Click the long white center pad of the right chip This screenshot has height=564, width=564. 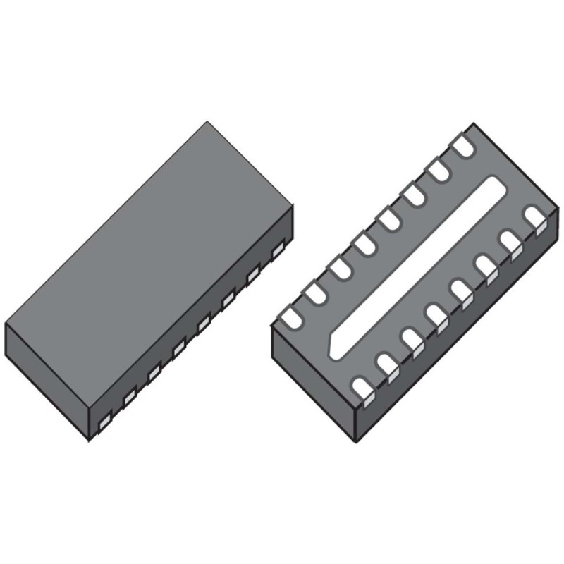tap(416, 268)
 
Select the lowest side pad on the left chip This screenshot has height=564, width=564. tap(104, 422)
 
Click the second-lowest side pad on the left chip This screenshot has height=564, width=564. tap(129, 399)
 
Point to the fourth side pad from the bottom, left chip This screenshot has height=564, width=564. tap(178, 346)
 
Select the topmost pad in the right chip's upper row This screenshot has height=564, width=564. tap(462, 146)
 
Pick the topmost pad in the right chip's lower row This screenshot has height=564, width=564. tap(536, 218)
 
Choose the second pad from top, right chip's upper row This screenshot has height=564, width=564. tap(439, 168)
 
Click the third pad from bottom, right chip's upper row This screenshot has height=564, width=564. tap(339, 269)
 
